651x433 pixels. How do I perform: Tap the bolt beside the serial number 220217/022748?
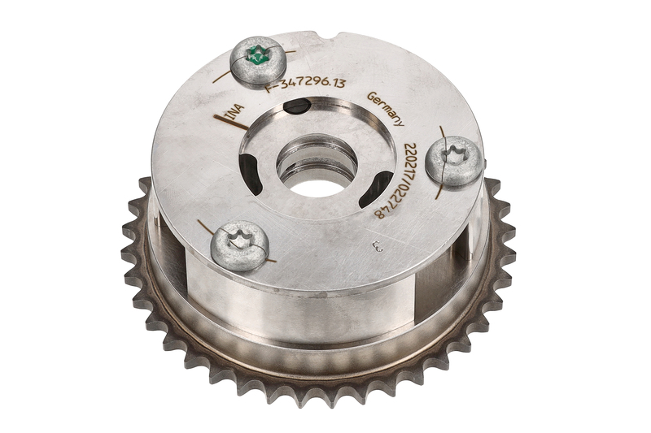pos(455,160)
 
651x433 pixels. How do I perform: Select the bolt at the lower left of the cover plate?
pos(239,245)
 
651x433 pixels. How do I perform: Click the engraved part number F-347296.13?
pos(306,84)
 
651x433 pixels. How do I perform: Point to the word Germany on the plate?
pos(386,108)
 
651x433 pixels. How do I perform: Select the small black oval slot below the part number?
pos(296,106)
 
